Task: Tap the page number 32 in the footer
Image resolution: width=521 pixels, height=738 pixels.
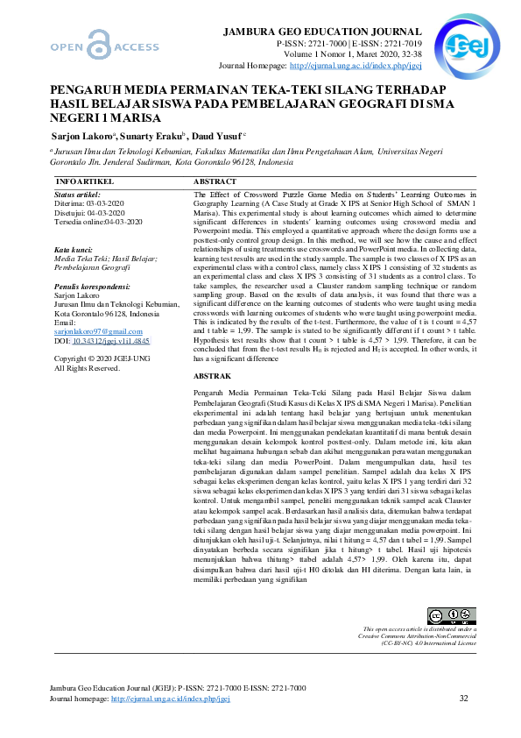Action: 464,699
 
